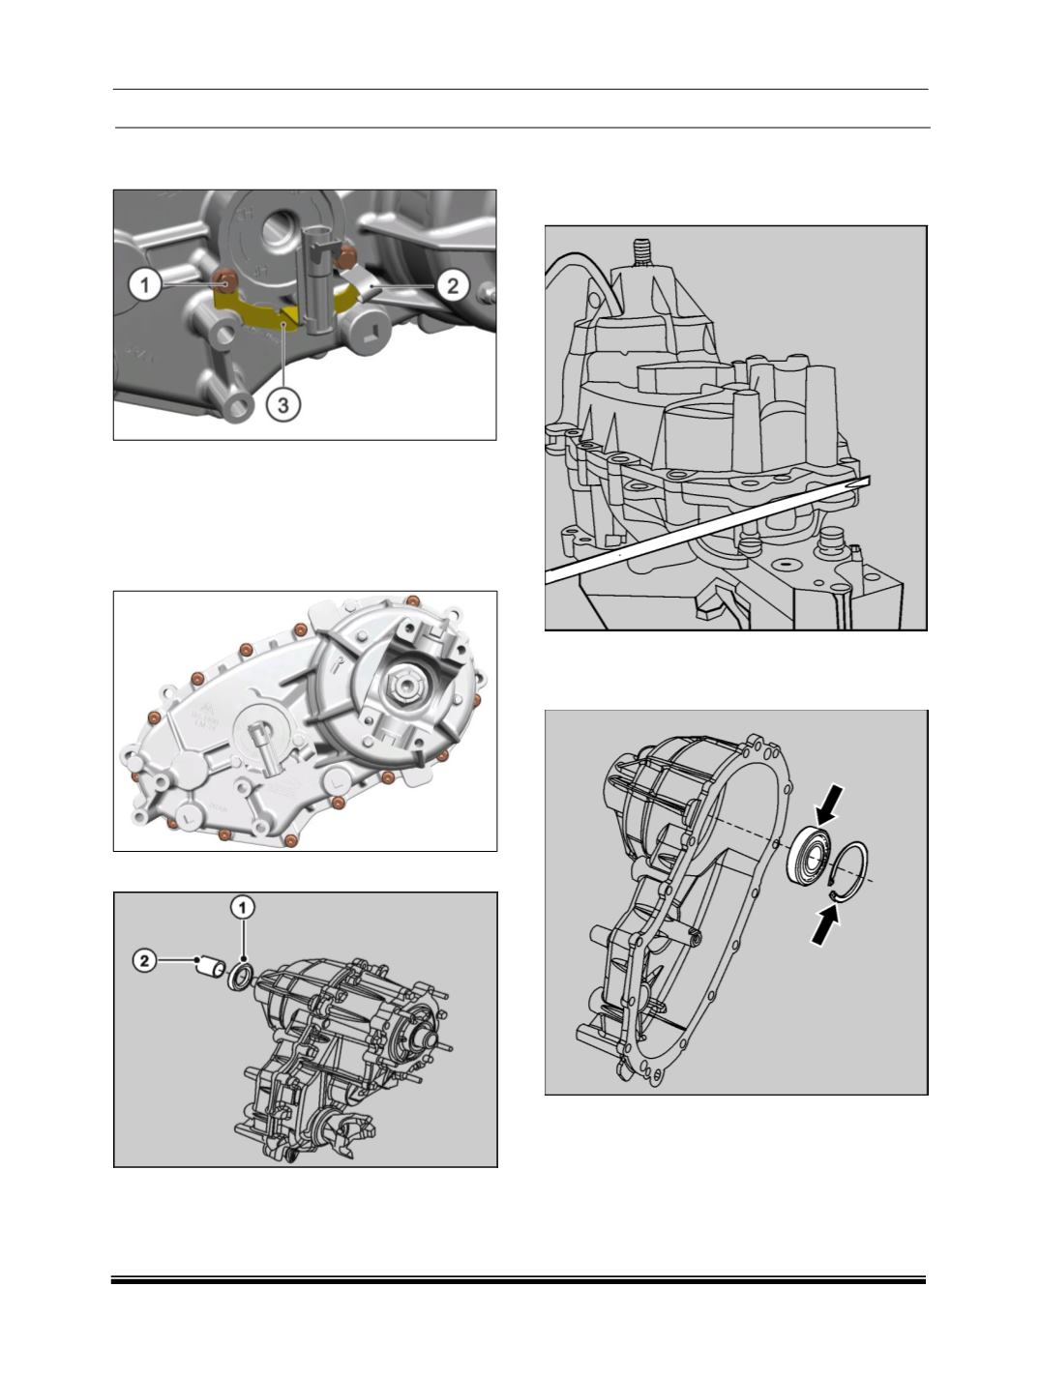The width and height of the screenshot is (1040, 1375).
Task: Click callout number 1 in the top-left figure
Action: pyautogui.click(x=145, y=285)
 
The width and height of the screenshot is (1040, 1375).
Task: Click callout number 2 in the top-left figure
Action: pyautogui.click(x=453, y=285)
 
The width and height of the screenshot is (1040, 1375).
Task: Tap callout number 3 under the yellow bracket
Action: pyautogui.click(x=283, y=405)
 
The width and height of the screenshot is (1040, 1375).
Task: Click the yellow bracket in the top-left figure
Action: pyautogui.click(x=285, y=310)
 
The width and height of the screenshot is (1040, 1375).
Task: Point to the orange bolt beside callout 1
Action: pyautogui.click(x=225, y=282)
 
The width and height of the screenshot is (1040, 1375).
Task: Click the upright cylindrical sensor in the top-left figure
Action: pyautogui.click(x=317, y=275)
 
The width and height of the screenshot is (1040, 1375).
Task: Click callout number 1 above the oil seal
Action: pyautogui.click(x=243, y=907)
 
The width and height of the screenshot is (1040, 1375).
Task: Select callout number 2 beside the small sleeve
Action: pyautogui.click(x=144, y=960)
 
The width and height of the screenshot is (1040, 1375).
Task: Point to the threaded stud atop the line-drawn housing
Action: pyautogui.click(x=639, y=252)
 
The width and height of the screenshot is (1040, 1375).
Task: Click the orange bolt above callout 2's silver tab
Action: pyautogui.click(x=345, y=255)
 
